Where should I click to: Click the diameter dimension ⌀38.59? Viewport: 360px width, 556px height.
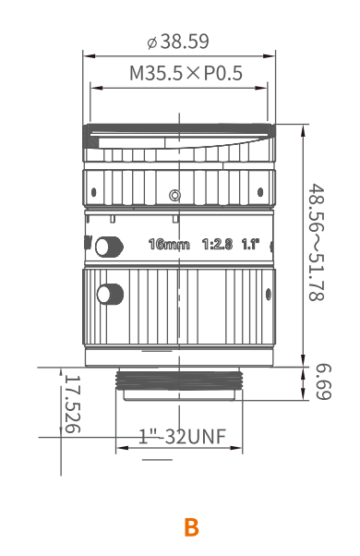pyautogui.click(x=178, y=42)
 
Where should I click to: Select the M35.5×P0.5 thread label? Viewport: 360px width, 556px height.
pyautogui.click(x=186, y=73)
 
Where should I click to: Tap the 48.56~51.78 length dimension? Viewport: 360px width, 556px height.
pyautogui.click(x=316, y=242)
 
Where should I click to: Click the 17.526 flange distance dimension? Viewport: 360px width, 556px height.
pyautogui.click(x=73, y=404)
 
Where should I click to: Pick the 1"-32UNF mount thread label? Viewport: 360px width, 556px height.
pyautogui.click(x=182, y=437)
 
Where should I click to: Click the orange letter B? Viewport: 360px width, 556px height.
pyautogui.click(x=191, y=527)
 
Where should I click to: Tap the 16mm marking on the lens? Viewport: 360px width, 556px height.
pyautogui.click(x=169, y=245)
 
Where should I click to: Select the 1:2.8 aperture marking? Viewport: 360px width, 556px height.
pyautogui.click(x=217, y=244)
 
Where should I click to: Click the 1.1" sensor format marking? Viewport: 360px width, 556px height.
pyautogui.click(x=250, y=244)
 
